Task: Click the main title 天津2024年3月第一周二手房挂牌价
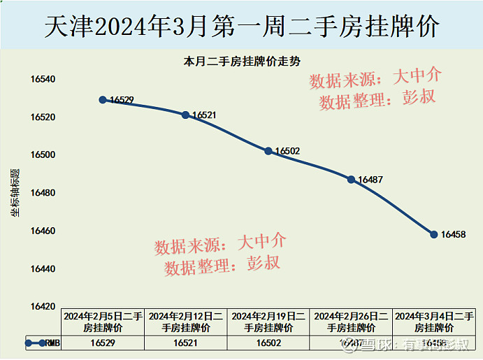pyautogui.click(x=241, y=27)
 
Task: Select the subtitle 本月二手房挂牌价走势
pyautogui.click(x=242, y=62)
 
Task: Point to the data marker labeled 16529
pyautogui.click(x=103, y=100)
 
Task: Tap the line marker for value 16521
pyautogui.click(x=185, y=115)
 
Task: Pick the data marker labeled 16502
pyautogui.click(x=268, y=151)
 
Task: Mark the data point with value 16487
pyautogui.click(x=351, y=180)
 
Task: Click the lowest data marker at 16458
pyautogui.click(x=434, y=234)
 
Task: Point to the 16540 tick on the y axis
pyautogui.click(x=42, y=79)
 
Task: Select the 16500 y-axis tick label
pyautogui.click(x=42, y=155)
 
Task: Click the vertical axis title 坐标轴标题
pyautogui.click(x=15, y=192)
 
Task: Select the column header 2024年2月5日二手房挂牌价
pyautogui.click(x=103, y=322)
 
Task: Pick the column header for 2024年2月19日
pyautogui.click(x=268, y=322)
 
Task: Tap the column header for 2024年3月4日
pyautogui.click(x=434, y=322)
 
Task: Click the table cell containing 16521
pyautogui.click(x=185, y=343)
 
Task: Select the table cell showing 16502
pyautogui.click(x=268, y=343)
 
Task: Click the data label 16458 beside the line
pyautogui.click(x=453, y=235)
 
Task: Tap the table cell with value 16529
pyautogui.click(x=103, y=343)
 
